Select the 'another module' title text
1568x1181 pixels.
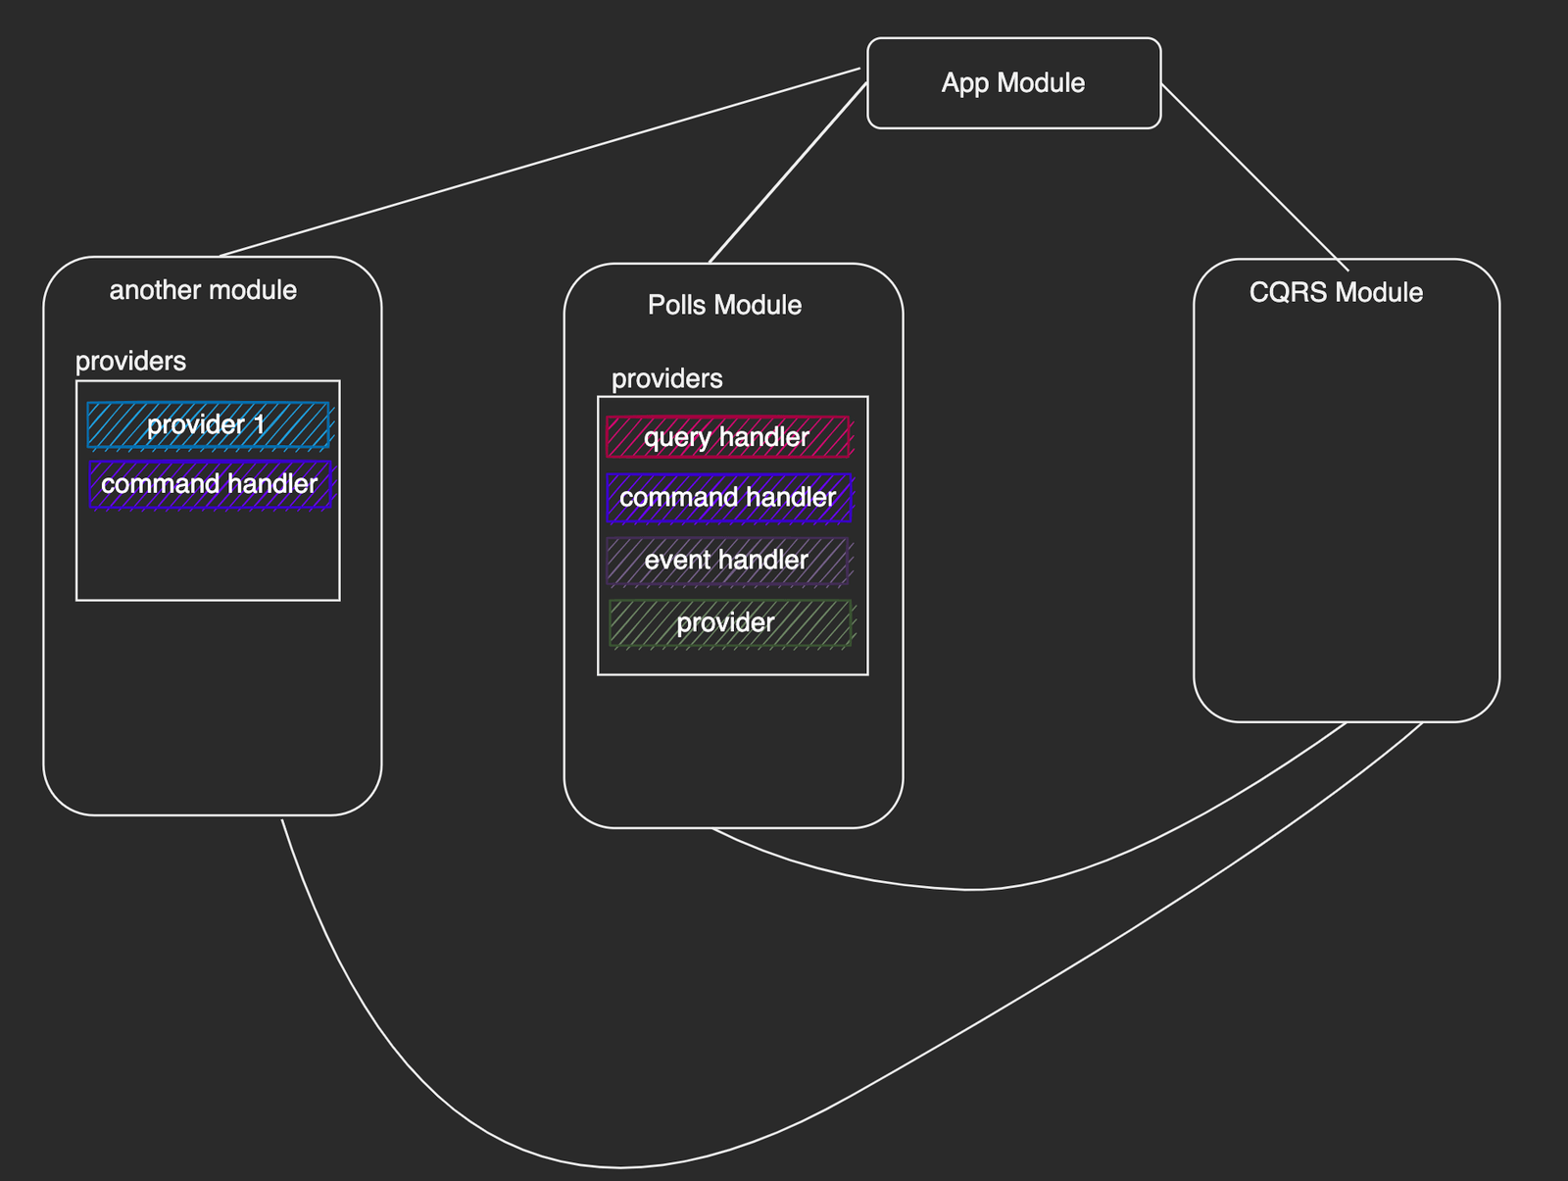[x=203, y=290]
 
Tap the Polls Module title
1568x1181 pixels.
[x=724, y=305]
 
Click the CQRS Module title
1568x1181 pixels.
[x=1336, y=292]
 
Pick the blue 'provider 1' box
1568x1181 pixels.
[x=209, y=425]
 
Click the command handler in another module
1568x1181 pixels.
[x=210, y=484]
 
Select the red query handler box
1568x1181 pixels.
[x=727, y=437]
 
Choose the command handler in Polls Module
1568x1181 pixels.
[x=728, y=498]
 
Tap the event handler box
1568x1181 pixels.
[x=726, y=561]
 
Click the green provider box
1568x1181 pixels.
[x=728, y=623]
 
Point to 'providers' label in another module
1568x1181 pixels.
[x=130, y=362]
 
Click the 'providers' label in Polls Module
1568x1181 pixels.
[x=666, y=379]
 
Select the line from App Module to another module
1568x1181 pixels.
[x=539, y=163]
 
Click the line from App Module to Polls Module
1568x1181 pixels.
[x=787, y=173]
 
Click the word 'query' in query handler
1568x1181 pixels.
[x=676, y=437]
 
